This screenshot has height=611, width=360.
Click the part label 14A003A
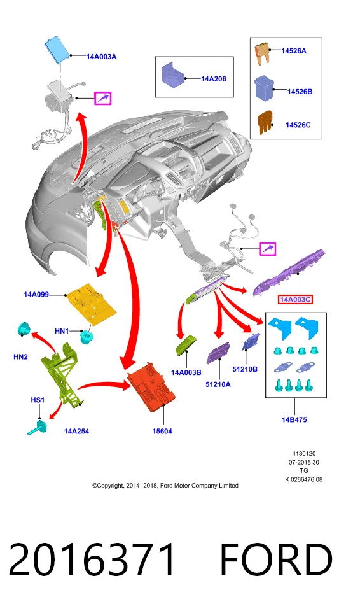(x=101, y=57)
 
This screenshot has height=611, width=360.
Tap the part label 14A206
(x=214, y=79)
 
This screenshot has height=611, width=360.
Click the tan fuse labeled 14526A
(x=262, y=53)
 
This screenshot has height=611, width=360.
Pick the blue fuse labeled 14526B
(x=265, y=88)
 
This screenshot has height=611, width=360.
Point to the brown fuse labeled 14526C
(x=265, y=122)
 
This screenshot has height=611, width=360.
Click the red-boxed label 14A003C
(x=295, y=299)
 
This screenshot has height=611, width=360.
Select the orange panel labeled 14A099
(x=92, y=302)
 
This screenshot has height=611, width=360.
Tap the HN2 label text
(x=20, y=356)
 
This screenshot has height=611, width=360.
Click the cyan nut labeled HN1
(x=87, y=336)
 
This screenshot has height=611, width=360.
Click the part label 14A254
(x=76, y=431)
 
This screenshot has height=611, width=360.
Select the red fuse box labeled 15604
(x=151, y=386)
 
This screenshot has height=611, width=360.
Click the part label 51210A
(x=218, y=384)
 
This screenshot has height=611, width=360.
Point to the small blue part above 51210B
(x=251, y=342)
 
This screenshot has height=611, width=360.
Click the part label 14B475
(x=294, y=419)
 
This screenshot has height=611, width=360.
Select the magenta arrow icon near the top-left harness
(x=103, y=98)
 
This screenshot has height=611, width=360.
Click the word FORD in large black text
(x=277, y=559)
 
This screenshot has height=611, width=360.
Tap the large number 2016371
(x=92, y=559)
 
